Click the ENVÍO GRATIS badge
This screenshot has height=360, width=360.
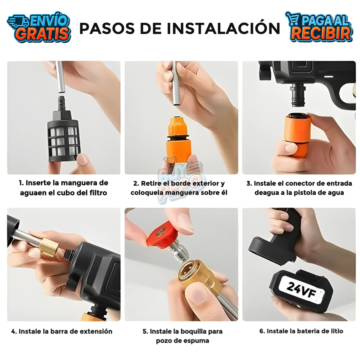[x=39, y=27]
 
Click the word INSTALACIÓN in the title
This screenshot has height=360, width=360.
[x=223, y=28]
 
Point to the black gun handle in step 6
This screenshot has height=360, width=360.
[x=280, y=236]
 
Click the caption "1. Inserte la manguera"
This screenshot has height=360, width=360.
[x=63, y=183]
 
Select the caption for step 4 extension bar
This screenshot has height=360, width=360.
[x=62, y=331]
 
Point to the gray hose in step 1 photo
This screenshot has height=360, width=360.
[x=60, y=78]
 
